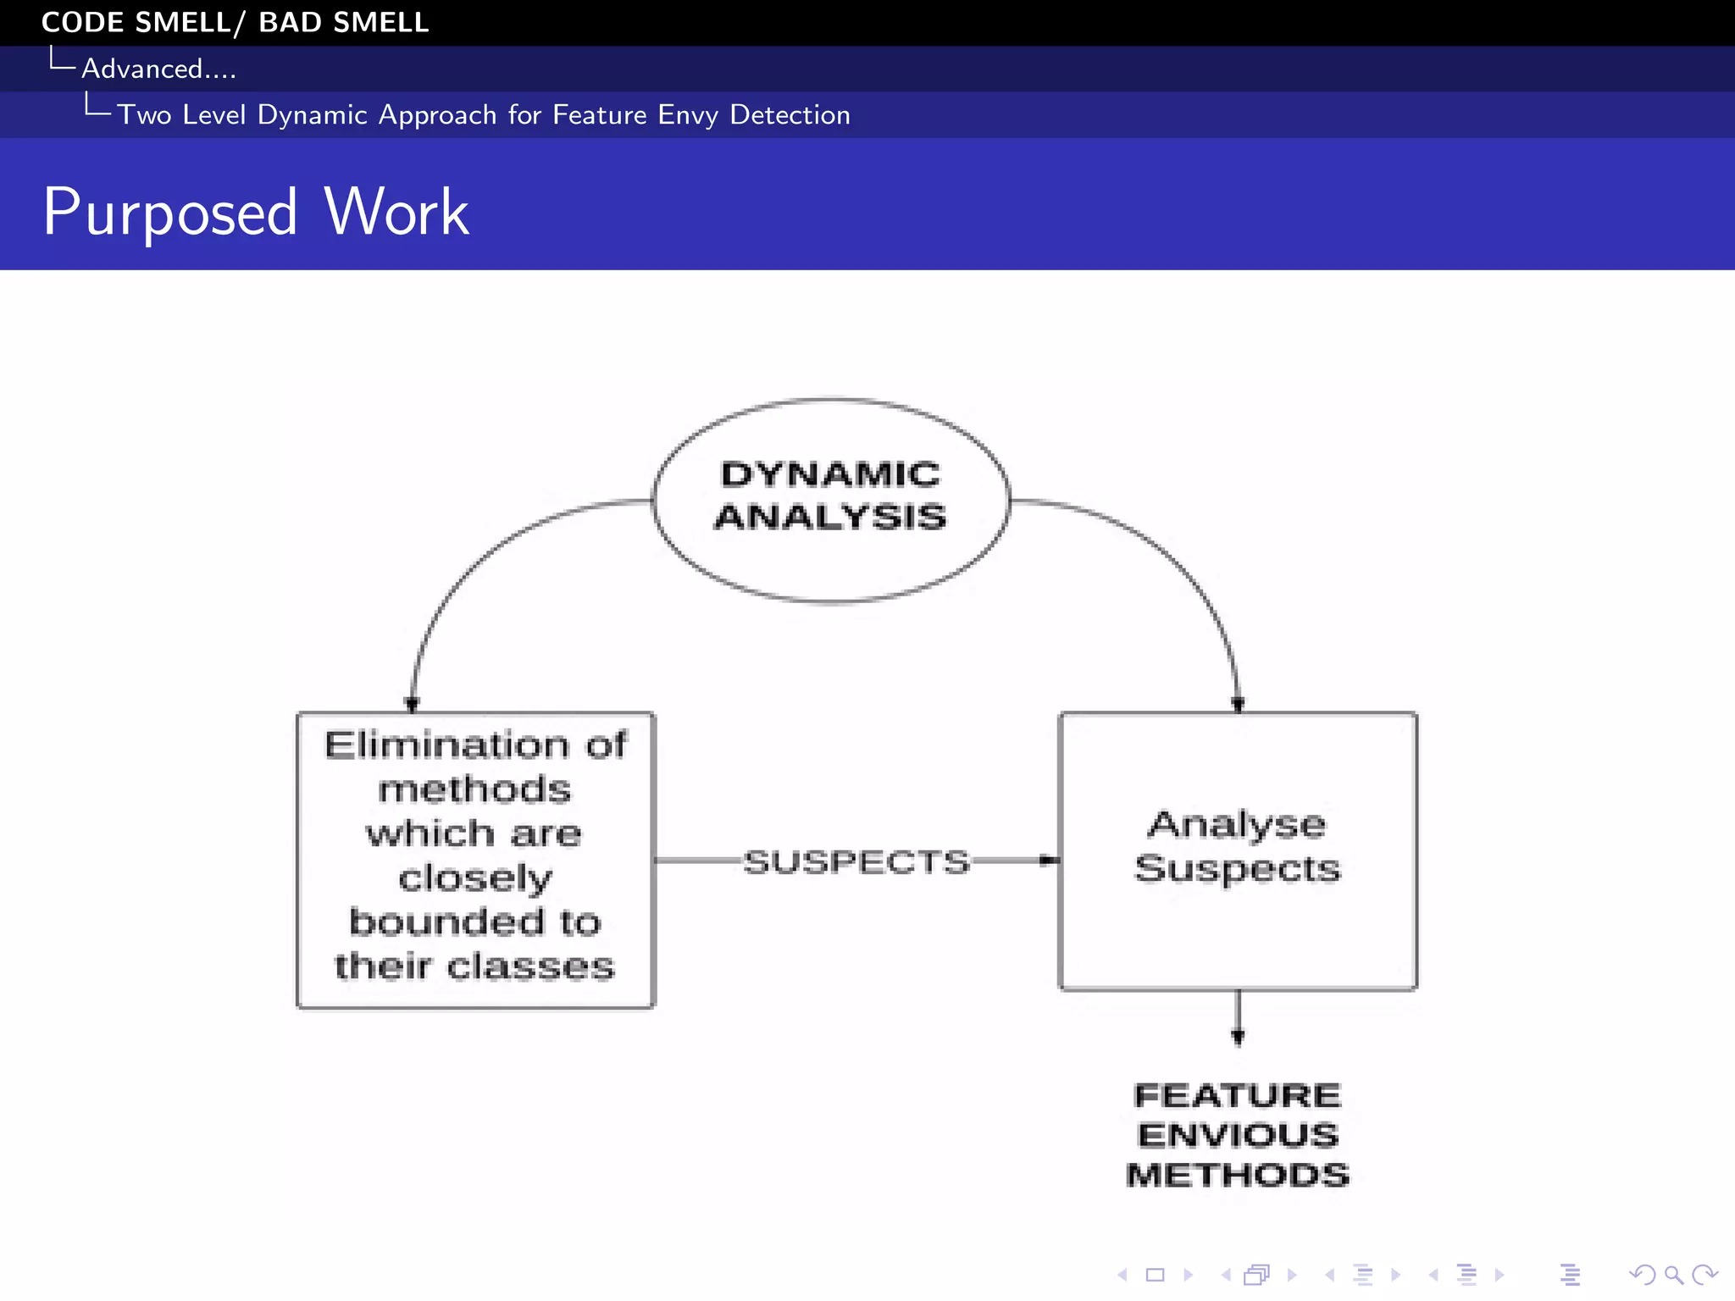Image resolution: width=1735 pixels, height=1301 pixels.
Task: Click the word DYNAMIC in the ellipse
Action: [x=829, y=474]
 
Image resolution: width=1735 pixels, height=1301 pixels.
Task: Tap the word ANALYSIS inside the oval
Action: [x=829, y=517]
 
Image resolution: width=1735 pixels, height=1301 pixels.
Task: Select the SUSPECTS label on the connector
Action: [x=856, y=861]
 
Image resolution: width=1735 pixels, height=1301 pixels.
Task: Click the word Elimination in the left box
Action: [x=446, y=745]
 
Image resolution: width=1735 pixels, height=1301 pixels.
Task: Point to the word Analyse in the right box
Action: [x=1236, y=824]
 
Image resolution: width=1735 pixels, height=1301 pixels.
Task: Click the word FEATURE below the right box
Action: [x=1237, y=1095]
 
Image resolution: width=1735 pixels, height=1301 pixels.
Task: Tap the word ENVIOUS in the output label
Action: [x=1237, y=1135]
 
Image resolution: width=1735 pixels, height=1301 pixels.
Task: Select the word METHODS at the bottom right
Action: [x=1237, y=1175]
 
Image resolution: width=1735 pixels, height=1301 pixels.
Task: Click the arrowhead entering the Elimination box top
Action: [x=413, y=704]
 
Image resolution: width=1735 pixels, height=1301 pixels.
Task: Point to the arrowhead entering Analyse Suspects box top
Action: [x=1238, y=704]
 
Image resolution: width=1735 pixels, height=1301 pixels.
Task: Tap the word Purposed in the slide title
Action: [x=170, y=212]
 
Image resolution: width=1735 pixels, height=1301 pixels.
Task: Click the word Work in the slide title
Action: [x=396, y=212]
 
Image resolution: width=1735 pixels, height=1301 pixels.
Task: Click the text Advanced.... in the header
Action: [x=158, y=69]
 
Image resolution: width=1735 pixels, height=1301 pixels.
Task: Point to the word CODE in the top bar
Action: [x=82, y=22]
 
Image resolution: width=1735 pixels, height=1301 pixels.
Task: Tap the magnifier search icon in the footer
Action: [x=1673, y=1274]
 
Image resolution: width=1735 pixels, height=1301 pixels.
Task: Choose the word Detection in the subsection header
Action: [x=790, y=115]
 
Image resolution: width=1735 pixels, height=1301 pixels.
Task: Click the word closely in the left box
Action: [x=475, y=878]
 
